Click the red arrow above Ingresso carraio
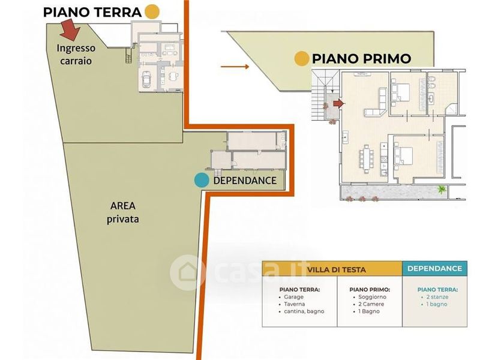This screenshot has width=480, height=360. (71, 30)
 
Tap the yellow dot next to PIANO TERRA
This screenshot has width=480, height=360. (152, 12)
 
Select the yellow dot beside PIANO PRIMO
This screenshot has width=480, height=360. (302, 58)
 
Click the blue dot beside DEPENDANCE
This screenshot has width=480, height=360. (202, 181)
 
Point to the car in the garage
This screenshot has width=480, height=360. (146, 79)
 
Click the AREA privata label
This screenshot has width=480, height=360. (123, 212)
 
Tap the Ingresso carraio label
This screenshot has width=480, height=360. (76, 54)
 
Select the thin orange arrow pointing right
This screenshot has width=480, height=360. (235, 67)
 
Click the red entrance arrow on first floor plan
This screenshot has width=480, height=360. (338, 104)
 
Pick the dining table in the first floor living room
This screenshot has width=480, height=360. (367, 158)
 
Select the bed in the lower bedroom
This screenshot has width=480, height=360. (404, 156)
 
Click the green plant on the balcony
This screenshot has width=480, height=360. (441, 190)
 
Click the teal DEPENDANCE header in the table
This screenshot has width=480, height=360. (434, 268)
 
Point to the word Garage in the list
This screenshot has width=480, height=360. (293, 296)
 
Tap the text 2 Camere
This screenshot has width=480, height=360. (371, 304)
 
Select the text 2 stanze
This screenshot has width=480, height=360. (437, 297)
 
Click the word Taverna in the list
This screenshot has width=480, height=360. (294, 304)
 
